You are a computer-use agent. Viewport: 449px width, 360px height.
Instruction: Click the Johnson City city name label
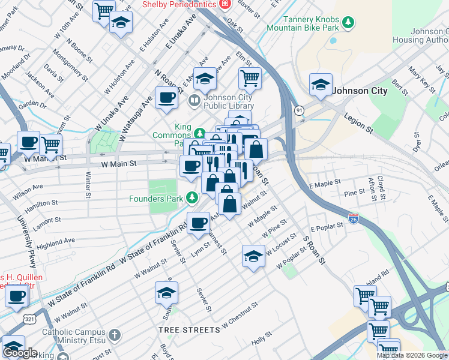pyautogui.click(x=360, y=91)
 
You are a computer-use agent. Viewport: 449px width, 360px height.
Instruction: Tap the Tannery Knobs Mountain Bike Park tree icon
pyautogui.click(x=348, y=23)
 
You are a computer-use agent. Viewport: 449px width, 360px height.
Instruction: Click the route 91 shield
pyautogui.click(x=298, y=110)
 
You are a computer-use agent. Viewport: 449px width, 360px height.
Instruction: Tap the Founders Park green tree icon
pyautogui.click(x=191, y=197)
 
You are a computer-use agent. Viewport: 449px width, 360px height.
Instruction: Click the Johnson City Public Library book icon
pyautogui.click(x=194, y=100)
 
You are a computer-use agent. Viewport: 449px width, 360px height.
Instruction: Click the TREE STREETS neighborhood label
pyautogui.click(x=189, y=330)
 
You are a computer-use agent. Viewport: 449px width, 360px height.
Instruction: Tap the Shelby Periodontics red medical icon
pyautogui.click(x=225, y=4)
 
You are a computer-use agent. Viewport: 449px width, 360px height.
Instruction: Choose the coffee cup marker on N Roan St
pyautogui.click(x=166, y=98)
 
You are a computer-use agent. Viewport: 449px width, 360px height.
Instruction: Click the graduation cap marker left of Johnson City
pyautogui.click(x=321, y=85)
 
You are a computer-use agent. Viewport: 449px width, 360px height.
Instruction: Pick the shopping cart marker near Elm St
pyautogui.click(x=250, y=77)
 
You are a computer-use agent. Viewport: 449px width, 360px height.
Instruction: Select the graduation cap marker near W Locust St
pyautogui.click(x=253, y=256)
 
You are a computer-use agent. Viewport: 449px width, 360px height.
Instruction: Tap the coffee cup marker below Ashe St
pyautogui.click(x=198, y=223)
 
